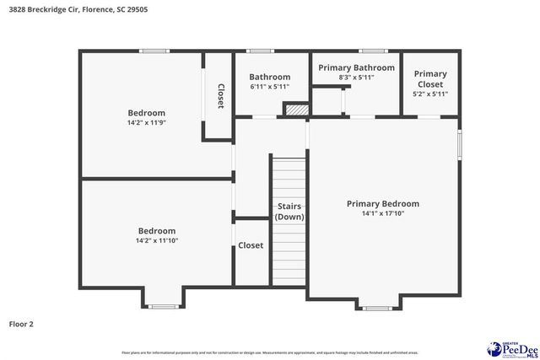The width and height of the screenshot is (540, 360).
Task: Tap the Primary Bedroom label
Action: [382, 204]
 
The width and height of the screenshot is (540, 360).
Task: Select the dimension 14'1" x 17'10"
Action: [382, 213]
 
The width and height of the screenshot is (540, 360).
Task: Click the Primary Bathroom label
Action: [355, 67]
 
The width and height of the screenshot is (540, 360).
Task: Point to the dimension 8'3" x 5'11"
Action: [355, 77]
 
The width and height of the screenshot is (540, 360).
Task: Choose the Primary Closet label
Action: [430, 79]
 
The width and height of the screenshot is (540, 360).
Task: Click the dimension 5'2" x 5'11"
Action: [430, 94]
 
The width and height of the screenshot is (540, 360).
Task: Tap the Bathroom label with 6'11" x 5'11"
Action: [270, 77]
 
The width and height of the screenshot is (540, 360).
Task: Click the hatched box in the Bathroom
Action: [296, 109]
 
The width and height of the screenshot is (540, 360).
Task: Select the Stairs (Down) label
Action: [289, 212]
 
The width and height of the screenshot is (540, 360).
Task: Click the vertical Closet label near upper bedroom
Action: [220, 95]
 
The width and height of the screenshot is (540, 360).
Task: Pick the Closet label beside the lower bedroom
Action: [251, 245]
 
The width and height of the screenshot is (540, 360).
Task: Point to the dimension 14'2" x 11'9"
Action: [146, 122]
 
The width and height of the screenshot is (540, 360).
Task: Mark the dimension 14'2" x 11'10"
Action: [157, 240]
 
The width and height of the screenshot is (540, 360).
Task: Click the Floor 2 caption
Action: [21, 323]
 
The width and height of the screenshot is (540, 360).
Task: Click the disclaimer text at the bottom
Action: [270, 352]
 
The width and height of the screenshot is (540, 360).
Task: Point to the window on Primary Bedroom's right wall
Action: [460, 142]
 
